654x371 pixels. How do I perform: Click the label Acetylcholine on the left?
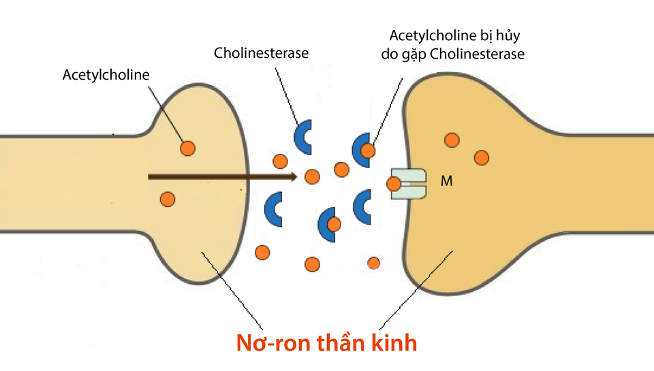106,74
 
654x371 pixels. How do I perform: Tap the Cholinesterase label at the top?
261,52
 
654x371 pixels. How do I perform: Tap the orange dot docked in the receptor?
394,184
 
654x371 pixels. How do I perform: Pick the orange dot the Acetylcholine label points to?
187,147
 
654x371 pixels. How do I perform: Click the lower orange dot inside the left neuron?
167,199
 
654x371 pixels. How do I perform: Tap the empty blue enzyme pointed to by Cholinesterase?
302,136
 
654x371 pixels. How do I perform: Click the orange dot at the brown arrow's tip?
312,177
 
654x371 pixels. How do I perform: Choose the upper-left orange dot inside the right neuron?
452,140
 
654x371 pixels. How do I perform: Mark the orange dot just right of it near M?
482,157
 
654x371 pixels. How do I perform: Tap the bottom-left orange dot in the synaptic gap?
262,253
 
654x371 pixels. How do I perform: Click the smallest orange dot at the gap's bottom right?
373,262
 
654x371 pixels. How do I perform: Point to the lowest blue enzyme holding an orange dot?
328,224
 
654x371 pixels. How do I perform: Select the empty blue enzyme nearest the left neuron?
273,209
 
